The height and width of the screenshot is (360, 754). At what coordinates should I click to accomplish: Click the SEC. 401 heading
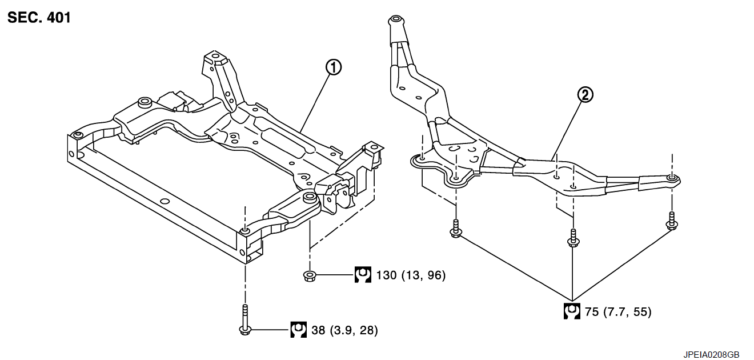[39, 18]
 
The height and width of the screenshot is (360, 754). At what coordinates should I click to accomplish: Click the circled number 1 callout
[333, 67]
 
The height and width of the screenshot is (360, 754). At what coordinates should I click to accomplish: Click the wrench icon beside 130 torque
[362, 275]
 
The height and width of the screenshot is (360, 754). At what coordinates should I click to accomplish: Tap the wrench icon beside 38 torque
[298, 330]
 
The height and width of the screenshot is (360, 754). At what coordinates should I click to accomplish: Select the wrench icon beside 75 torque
[571, 311]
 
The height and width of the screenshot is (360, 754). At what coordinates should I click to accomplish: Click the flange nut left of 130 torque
[310, 276]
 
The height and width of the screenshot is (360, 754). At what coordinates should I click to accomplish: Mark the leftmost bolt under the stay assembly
[455, 227]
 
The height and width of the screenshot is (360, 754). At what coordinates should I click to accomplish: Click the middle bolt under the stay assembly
[572, 237]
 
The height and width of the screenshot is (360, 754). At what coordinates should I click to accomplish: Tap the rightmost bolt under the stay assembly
[672, 221]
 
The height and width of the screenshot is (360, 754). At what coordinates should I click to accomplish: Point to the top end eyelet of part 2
[395, 21]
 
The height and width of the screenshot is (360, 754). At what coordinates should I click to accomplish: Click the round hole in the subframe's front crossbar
[164, 201]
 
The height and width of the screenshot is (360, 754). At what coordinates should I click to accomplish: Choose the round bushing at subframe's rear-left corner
[143, 102]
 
